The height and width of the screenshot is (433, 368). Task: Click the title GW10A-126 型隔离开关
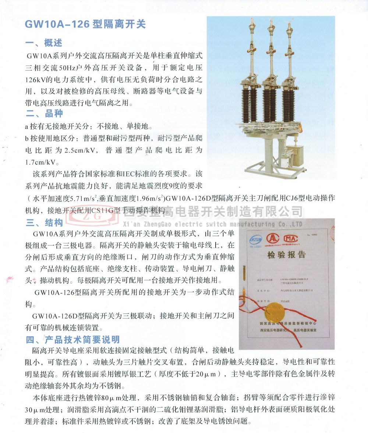click(85, 24)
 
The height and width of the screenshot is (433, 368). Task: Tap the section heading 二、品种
click(44, 113)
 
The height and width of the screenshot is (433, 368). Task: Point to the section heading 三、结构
click(44, 223)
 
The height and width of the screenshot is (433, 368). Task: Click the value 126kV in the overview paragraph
click(36, 79)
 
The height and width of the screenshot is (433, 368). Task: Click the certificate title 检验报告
click(287, 255)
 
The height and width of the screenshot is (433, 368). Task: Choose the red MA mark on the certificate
click(290, 238)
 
